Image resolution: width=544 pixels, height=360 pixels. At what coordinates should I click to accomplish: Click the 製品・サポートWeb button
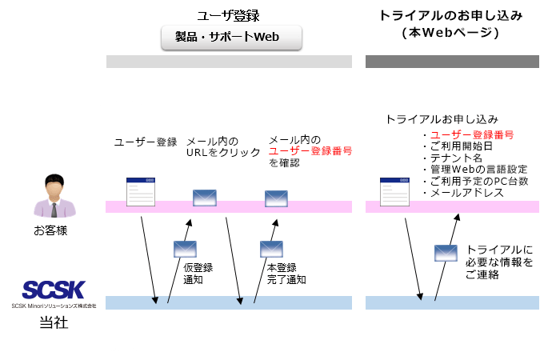pos(231,37)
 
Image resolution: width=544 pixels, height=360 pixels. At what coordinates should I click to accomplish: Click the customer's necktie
pos(54,210)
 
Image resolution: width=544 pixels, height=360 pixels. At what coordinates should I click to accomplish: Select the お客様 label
pos(50,230)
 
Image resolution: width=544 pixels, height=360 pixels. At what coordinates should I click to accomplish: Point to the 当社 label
pos(54,322)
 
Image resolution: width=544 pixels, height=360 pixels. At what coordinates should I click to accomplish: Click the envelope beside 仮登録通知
pos(185,249)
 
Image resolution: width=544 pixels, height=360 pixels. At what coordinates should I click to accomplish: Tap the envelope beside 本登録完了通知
pos(271,249)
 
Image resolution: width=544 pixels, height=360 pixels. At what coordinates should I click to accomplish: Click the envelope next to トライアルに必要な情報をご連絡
pos(446,253)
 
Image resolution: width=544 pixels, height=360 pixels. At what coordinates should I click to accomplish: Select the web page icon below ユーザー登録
pos(141,192)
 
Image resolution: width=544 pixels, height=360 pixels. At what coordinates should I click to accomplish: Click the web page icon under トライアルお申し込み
pos(394,192)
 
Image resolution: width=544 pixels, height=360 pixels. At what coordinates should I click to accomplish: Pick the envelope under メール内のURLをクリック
pos(205,198)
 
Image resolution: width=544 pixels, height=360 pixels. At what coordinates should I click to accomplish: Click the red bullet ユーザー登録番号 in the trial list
pos(472,135)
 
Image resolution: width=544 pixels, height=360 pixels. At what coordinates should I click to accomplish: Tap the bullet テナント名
pos(456,158)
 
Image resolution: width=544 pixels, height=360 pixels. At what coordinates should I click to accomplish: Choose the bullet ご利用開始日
pos(462,146)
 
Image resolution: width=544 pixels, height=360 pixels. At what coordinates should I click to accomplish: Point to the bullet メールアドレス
pos(467,193)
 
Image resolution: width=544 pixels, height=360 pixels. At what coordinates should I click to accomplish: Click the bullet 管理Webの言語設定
pos(478,170)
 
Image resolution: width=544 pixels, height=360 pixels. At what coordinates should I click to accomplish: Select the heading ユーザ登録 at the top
pos(228,16)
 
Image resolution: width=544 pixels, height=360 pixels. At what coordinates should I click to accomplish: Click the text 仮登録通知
pos(198,274)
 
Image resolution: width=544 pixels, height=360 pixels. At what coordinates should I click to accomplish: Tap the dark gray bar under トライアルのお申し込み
pos(452,62)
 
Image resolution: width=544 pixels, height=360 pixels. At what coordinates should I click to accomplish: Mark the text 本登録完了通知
pos(286,274)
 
